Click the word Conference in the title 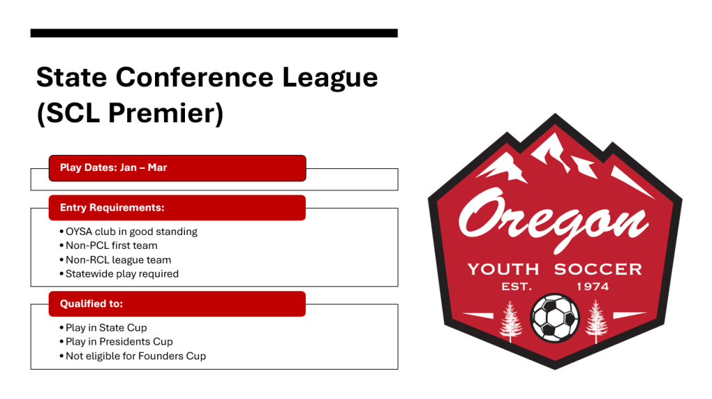point(195,77)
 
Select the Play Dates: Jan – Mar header point(177,168)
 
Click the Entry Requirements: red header point(177,208)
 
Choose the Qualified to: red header point(177,304)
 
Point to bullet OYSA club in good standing point(129,231)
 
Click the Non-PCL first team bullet point(108,245)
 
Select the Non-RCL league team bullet point(115,260)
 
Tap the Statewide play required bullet point(119,274)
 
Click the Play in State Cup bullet point(103,327)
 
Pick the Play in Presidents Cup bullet point(116,341)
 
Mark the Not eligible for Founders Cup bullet point(133,356)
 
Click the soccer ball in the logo point(554,318)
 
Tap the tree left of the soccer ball point(510,321)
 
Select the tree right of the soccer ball point(596,321)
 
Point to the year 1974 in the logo point(592,286)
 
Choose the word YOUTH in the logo point(503,269)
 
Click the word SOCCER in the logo point(598,269)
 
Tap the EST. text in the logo point(517,286)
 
